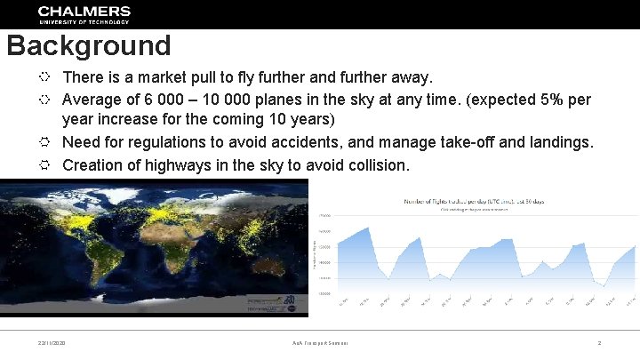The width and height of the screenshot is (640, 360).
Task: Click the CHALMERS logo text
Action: click(84, 12)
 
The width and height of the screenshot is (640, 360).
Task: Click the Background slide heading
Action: click(88, 46)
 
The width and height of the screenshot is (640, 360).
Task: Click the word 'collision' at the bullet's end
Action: click(376, 164)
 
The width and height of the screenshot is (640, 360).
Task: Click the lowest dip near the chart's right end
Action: click(604, 286)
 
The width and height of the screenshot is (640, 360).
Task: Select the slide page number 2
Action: click(599, 343)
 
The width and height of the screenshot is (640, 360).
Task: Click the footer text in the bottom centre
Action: click(320, 343)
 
